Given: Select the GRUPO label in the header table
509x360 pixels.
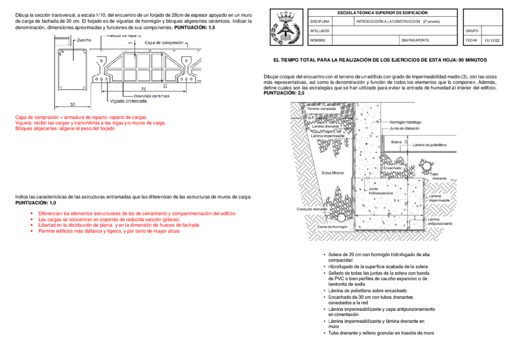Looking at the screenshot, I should tap(472, 30).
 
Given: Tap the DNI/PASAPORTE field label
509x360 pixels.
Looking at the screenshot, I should tap(414, 40).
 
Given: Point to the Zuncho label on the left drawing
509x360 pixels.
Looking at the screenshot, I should tap(84, 40).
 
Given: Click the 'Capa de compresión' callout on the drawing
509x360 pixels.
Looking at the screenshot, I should tap(164, 43).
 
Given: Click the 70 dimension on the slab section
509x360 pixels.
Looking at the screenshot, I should tap(143, 89).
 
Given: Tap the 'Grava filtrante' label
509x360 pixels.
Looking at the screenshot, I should tap(332, 173).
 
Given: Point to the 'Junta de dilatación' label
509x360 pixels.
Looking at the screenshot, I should tap(404, 128).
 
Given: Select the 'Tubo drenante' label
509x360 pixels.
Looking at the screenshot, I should tap(439, 176).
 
